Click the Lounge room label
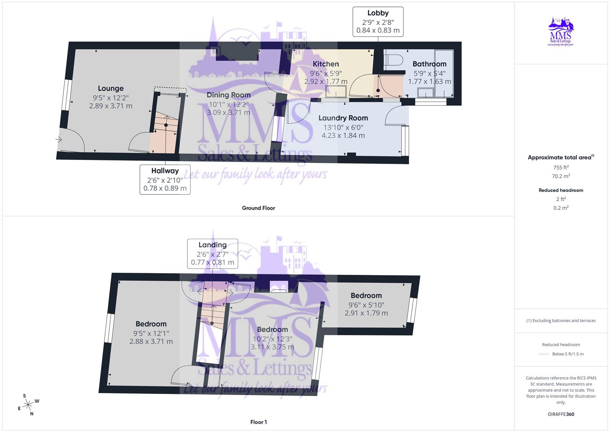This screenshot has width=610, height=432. [111, 88]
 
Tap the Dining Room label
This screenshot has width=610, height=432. [229, 95]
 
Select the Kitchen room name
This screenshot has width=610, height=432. [326, 64]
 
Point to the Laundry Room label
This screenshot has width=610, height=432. [343, 118]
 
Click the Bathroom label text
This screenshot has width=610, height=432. [429, 64]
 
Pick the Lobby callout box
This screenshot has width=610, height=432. [378, 22]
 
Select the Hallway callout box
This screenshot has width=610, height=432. [165, 179]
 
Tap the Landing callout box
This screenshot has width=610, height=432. [213, 254]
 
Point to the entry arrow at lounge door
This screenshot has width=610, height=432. [59, 140]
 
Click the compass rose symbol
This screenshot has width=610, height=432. [28, 405]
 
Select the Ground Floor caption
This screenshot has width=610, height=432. [258, 208]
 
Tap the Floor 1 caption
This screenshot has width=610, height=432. [258, 422]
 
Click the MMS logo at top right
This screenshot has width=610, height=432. [561, 32]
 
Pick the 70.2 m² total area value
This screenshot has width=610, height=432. [561, 176]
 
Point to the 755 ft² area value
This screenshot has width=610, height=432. [561, 168]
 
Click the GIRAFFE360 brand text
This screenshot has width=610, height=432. [561, 414]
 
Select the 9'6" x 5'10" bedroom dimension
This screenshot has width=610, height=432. [366, 305]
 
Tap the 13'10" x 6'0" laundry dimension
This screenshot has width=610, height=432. [343, 127]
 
